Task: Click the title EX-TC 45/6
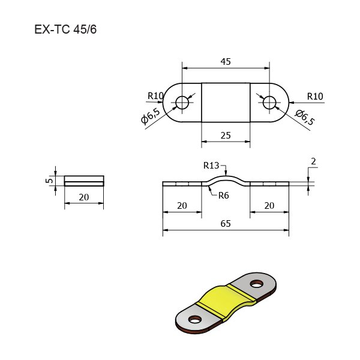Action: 65,29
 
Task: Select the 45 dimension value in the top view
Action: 226,62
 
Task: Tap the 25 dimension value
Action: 226,136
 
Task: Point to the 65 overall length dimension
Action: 226,223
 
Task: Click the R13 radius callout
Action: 211,166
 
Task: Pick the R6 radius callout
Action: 224,196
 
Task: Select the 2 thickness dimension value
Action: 313,161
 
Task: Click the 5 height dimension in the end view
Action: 49,181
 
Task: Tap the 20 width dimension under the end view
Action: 84,197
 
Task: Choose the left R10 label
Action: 155,96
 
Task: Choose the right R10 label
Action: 315,97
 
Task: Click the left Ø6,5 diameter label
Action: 151,116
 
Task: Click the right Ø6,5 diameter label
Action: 305,118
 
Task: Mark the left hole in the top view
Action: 182,103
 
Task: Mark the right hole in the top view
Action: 269,103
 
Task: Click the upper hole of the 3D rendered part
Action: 256,284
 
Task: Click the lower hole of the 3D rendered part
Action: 194,319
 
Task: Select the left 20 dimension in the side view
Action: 182,205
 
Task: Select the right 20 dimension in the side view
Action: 269,205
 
